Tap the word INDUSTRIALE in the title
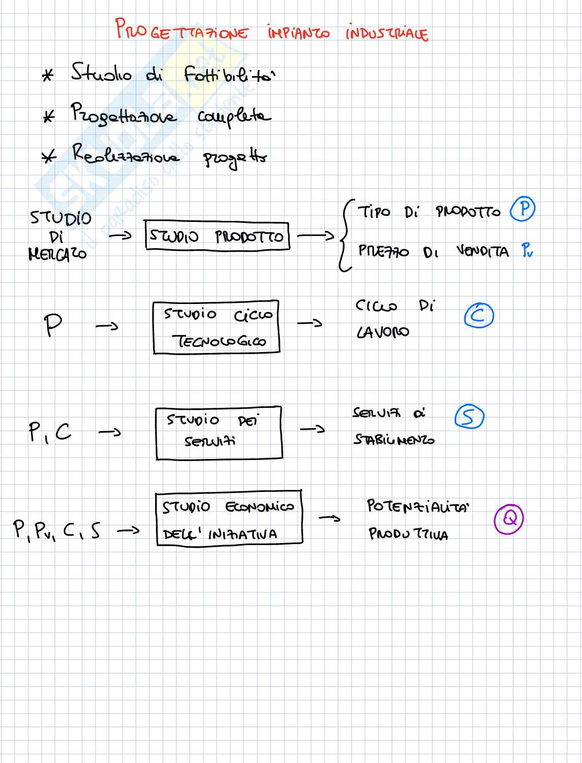pos(386,33)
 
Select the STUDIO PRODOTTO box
pos(217,236)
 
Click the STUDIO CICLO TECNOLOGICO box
pos(216,327)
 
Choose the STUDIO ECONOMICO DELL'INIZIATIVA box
pos(229,518)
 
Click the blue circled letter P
pos(523,209)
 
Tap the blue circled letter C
pos(479,316)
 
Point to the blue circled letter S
pos(469,417)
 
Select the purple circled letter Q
pos(508,519)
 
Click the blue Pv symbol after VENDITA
pos(527,251)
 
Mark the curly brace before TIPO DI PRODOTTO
pos(346,236)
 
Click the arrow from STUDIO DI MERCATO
pos(120,236)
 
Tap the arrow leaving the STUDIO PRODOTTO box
pos(315,236)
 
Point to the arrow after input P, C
pos(110,432)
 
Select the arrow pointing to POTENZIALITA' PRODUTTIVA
pos(330,518)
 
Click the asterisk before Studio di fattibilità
pos(48,77)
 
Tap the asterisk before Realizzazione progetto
pos(49,157)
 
